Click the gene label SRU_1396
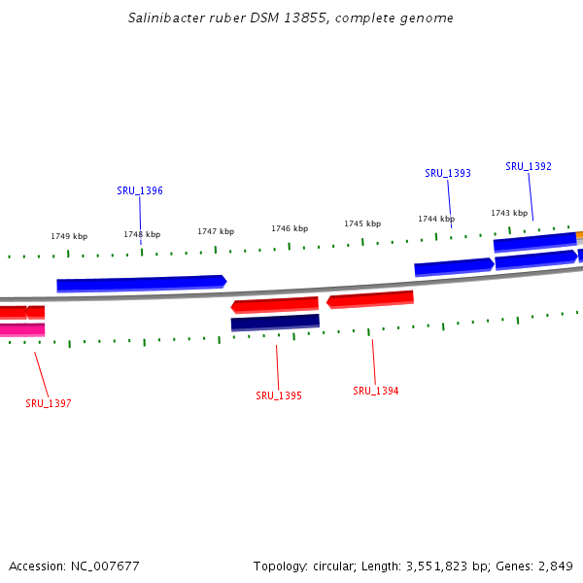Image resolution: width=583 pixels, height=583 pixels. (140, 190)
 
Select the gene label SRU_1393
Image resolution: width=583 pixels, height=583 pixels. (448, 173)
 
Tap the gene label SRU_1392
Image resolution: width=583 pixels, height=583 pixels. (529, 166)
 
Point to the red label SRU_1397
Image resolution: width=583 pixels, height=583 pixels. (49, 403)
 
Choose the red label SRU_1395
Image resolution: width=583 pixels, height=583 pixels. (279, 395)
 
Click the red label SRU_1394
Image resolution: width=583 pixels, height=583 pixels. (376, 391)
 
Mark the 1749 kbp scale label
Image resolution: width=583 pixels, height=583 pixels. (69, 236)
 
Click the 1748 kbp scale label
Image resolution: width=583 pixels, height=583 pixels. (142, 234)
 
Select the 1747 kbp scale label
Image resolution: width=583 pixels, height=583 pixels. (216, 231)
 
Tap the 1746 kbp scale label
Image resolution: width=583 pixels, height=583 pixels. (290, 228)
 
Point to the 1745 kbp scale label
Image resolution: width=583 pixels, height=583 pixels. (362, 223)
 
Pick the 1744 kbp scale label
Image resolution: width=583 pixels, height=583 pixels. (436, 219)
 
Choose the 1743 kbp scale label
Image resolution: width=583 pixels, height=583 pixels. (509, 213)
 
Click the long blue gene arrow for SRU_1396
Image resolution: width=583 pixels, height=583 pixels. (141, 283)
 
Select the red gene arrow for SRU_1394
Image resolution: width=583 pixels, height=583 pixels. (370, 299)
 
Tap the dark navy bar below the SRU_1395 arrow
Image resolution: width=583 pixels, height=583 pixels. (275, 322)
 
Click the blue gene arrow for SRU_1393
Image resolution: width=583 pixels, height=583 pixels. (454, 266)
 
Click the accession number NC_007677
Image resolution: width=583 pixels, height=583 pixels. (104, 566)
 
